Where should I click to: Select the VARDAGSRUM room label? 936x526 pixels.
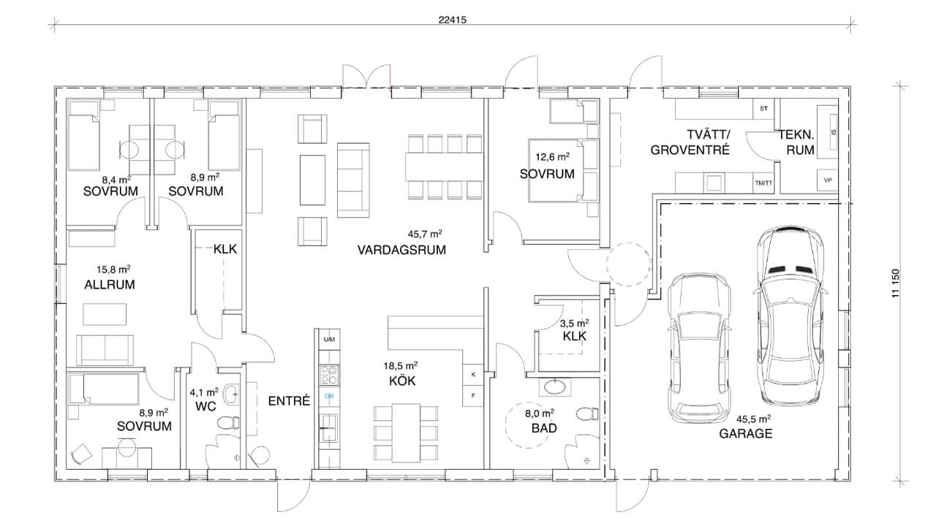click(401, 249)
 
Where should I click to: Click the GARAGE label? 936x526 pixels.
click(745, 433)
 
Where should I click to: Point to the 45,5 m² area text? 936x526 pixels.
click(754, 419)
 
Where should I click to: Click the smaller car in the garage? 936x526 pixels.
click(699, 347)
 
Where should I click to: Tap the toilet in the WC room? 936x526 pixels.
click(230, 422)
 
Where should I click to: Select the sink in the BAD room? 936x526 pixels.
click(558, 385)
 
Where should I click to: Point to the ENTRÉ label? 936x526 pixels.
click(290, 401)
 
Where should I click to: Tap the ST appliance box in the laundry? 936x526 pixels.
click(763, 109)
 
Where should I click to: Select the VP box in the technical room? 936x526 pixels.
click(827, 180)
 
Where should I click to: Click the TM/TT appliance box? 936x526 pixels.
click(762, 183)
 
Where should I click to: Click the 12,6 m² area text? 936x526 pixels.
click(552, 157)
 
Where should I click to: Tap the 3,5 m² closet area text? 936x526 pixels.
click(573, 322)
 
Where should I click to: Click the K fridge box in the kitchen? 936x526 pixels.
click(472, 375)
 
